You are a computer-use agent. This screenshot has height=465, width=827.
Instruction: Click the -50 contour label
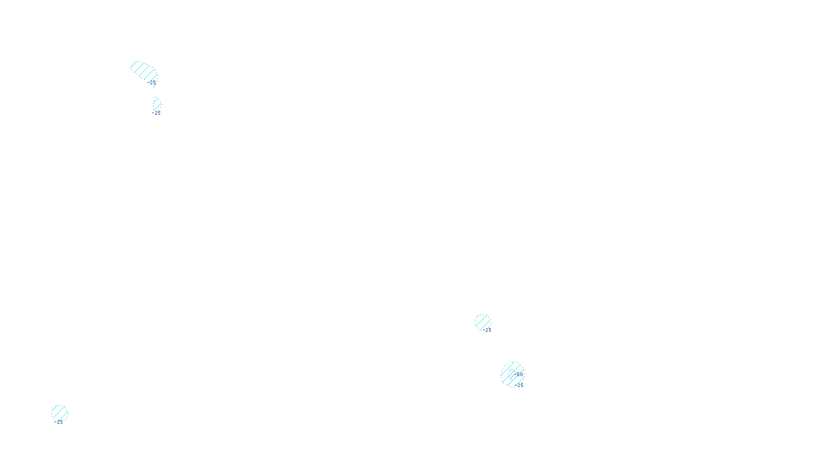pos(518,374)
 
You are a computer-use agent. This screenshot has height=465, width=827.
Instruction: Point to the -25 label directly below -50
pos(519,385)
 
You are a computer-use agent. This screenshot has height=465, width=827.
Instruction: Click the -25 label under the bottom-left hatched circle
pos(58,422)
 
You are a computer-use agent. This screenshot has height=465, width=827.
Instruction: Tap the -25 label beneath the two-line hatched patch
pos(156,113)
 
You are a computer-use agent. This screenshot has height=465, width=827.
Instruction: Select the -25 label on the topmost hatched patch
pos(152,82)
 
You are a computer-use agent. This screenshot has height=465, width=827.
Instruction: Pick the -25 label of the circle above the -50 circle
pos(487,330)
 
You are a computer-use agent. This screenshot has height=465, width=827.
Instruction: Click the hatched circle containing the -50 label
pos(512,374)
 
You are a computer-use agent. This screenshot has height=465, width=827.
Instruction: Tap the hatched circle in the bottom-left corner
pos(59,413)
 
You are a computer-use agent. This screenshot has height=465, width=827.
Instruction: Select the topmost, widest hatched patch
pos(143,71)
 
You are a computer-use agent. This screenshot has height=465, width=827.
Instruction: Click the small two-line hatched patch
pos(157,104)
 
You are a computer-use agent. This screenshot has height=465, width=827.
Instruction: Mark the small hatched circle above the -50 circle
pos(483,321)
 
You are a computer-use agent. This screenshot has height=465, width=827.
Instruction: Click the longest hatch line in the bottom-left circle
pos(59,413)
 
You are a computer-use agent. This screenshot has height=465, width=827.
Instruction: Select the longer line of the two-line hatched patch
pos(157,105)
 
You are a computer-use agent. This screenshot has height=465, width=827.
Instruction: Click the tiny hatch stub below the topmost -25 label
pos(154,86)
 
